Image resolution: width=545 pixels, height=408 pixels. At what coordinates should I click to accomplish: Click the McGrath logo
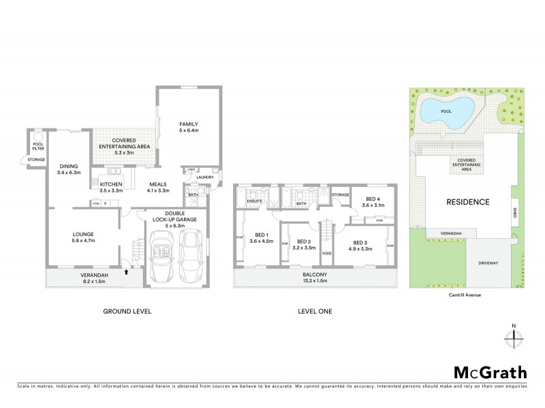click(x=490, y=372)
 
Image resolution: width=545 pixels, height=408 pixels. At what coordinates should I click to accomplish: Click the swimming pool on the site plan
click(x=447, y=109)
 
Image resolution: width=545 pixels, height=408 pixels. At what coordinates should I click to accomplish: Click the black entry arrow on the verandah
click(x=127, y=272)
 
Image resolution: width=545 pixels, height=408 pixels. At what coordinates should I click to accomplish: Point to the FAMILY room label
click(x=189, y=127)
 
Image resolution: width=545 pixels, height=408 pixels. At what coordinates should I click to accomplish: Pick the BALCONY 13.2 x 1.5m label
click(x=314, y=279)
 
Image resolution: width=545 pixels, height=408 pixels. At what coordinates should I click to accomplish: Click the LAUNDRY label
click(x=205, y=177)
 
